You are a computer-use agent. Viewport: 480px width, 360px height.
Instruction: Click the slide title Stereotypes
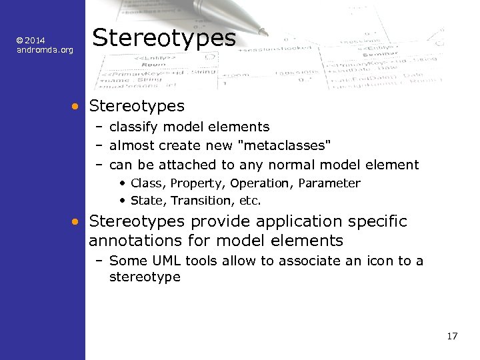pyautogui.click(x=164, y=38)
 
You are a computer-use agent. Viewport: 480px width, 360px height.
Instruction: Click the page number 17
pyautogui.click(x=452, y=336)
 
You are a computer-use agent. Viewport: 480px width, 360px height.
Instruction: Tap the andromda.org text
pyautogui.click(x=45, y=50)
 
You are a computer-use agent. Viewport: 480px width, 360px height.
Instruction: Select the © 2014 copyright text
pyautogui.click(x=31, y=41)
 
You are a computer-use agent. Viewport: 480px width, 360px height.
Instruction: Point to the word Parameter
pyautogui.click(x=329, y=183)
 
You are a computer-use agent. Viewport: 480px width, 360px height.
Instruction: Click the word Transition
pyautogui.click(x=198, y=201)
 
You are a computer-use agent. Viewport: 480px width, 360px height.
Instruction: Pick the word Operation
pyautogui.click(x=261, y=183)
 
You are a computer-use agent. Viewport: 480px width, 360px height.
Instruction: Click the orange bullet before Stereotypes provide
pyautogui.click(x=77, y=221)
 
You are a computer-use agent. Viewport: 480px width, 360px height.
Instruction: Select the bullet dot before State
pyautogui.click(x=124, y=201)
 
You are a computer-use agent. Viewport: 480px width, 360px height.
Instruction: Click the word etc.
pyautogui.click(x=250, y=201)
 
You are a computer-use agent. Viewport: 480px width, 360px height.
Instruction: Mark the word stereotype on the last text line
pyautogui.click(x=145, y=277)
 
